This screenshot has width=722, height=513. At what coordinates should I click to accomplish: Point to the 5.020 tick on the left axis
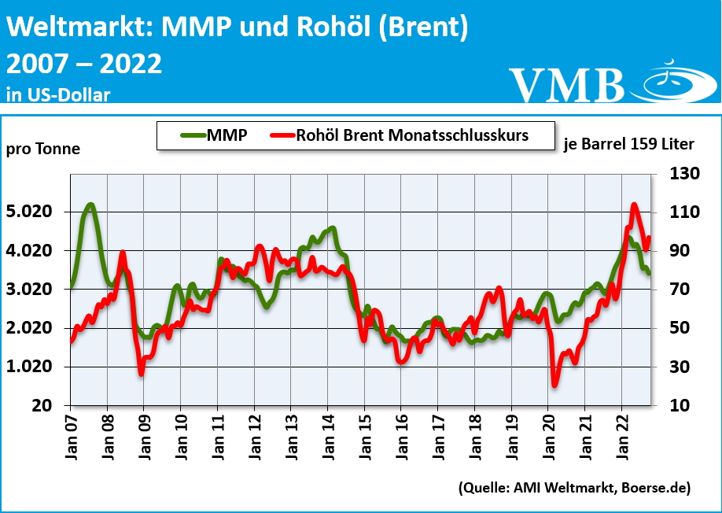tap(30, 212)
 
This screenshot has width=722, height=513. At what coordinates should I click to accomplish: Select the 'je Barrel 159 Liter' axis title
tap(629, 144)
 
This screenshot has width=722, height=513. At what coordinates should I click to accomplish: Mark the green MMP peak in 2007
tap(90, 205)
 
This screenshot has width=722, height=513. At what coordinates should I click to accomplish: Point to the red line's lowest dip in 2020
tap(554, 385)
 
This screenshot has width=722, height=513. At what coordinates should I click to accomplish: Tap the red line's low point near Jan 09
tap(142, 373)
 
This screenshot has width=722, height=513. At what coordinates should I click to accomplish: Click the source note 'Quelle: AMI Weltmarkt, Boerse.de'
tap(574, 489)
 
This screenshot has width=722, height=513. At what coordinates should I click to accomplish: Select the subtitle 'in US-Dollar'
tap(58, 94)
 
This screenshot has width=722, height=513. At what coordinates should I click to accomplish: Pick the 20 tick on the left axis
tap(43, 406)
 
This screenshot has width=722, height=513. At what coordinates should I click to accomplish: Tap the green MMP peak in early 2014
tap(333, 229)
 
